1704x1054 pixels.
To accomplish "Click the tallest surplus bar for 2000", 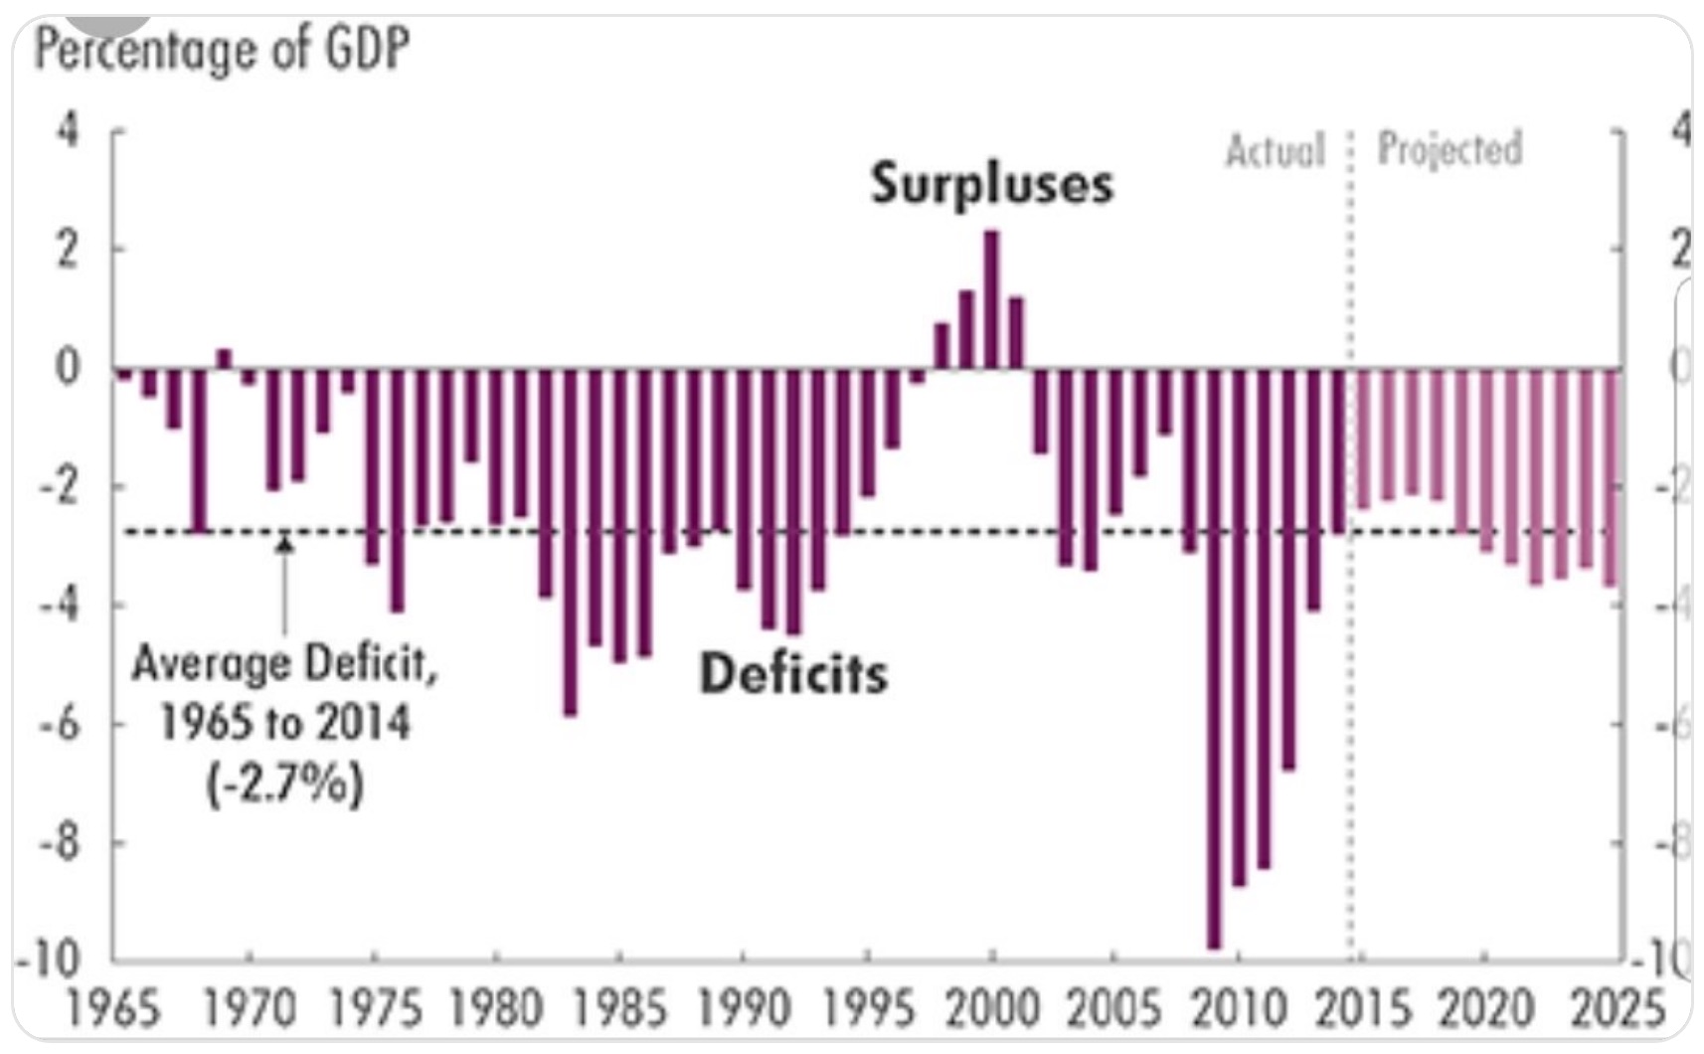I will (991, 299).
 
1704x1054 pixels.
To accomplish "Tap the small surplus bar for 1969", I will (224, 359).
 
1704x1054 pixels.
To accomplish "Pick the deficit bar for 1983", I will (570, 542).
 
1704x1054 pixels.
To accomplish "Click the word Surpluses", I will (991, 184).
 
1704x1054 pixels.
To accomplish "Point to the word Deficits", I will (793, 674).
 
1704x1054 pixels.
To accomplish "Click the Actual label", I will (1276, 151).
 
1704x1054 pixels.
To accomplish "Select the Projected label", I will (1449, 149).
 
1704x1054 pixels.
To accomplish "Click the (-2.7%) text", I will (285, 785).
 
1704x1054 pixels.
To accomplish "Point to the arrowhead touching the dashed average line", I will (284, 543).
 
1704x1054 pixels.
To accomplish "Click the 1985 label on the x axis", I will (620, 1010).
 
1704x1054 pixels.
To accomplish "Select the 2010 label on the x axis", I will (1238, 1010).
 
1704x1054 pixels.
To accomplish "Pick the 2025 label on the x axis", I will (1617, 1010).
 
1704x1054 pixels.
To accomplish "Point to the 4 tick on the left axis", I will (67, 130).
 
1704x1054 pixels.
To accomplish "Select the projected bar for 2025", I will (1610, 477).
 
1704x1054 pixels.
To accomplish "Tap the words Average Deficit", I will (284, 663).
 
